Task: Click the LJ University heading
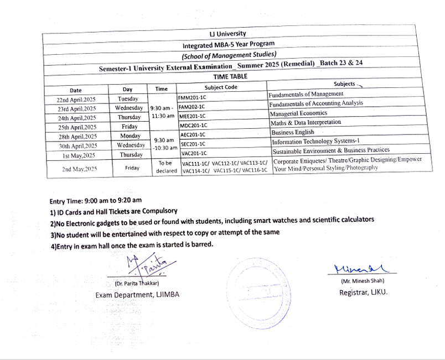pyautogui.click(x=227, y=34)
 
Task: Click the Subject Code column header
pyautogui.click(x=221, y=87)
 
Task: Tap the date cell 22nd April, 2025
pyautogui.click(x=76, y=100)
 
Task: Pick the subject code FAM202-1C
pyautogui.click(x=192, y=106)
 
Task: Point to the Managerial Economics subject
pyautogui.click(x=298, y=113)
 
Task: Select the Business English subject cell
pyautogui.click(x=293, y=132)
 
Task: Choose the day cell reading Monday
pyautogui.click(x=130, y=136)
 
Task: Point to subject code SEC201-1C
pyautogui.click(x=193, y=144)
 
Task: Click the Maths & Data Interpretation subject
pyautogui.click(x=306, y=123)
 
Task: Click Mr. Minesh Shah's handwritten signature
pyautogui.click(x=361, y=269)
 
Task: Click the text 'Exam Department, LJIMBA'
pyautogui.click(x=137, y=295)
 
